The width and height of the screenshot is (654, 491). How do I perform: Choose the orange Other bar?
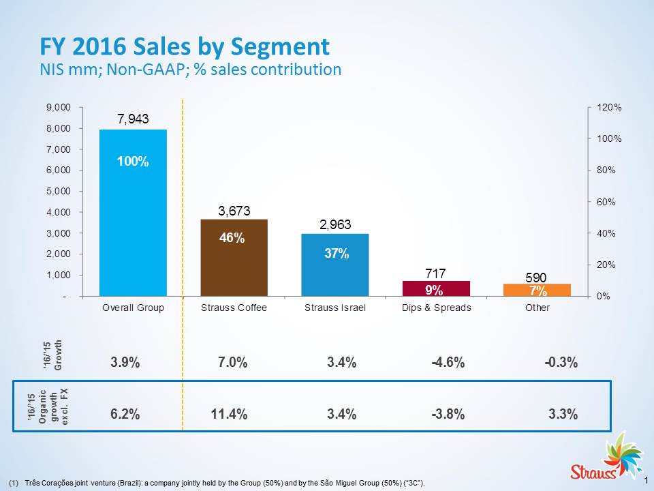(x=537, y=290)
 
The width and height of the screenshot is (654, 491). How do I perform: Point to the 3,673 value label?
(x=234, y=211)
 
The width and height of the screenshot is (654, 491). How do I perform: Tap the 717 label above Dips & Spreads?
(x=436, y=272)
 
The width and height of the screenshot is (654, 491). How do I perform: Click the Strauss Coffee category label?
(x=234, y=308)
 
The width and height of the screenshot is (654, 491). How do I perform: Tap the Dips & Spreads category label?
(x=436, y=308)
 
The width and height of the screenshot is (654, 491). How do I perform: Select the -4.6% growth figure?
(x=448, y=363)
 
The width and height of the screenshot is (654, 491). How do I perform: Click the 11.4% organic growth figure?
(x=229, y=414)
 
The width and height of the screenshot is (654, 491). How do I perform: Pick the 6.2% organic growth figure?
(x=125, y=414)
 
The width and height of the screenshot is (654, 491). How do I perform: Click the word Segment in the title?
(x=280, y=46)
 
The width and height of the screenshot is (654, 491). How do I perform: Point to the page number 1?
(x=644, y=480)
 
